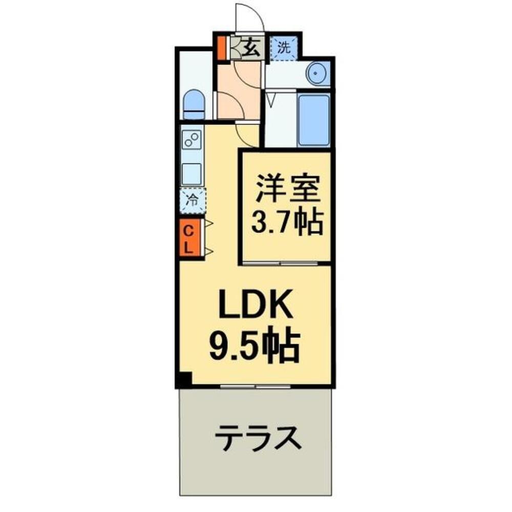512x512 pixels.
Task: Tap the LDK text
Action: [x=255, y=306]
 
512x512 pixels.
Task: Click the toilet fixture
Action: [x=194, y=104]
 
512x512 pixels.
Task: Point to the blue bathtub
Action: [x=313, y=120]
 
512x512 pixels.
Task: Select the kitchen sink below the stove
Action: [x=192, y=174]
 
